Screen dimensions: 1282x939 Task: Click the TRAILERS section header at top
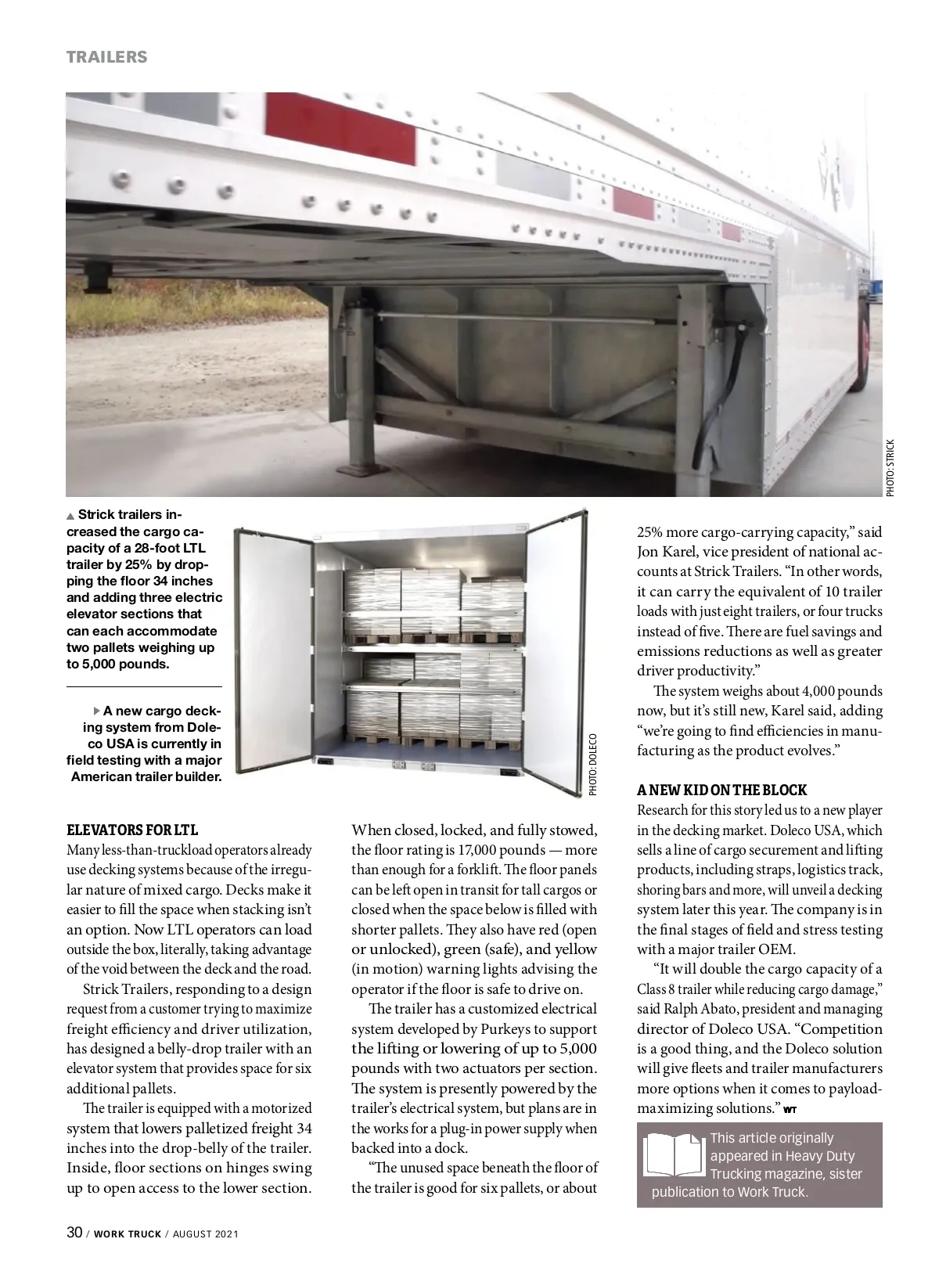106,56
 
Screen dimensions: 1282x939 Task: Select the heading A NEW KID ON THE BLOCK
721,790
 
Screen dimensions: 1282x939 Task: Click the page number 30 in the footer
74,1233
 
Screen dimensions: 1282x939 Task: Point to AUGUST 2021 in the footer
205,1234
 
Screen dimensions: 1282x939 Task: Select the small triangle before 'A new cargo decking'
97,711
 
